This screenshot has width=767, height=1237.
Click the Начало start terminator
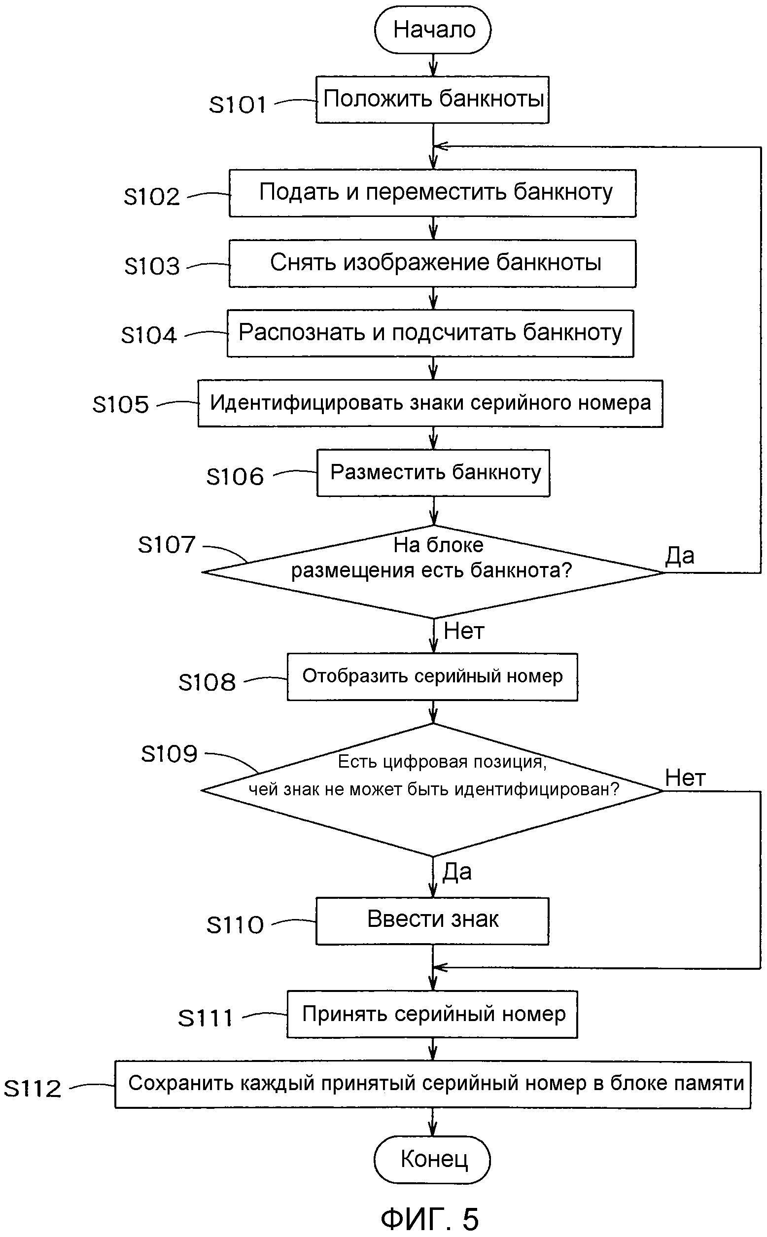tap(433, 30)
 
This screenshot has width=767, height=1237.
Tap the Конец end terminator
tap(433, 1160)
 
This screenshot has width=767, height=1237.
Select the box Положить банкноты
tap(433, 100)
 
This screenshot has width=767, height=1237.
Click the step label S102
tap(152, 196)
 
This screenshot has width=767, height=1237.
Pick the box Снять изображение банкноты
tap(433, 263)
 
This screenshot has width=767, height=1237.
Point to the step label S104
tap(149, 335)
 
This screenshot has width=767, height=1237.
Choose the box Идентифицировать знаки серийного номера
tap(430, 403)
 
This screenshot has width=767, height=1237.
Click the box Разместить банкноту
tap(434, 473)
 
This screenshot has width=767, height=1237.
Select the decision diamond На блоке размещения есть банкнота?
tap(433, 571)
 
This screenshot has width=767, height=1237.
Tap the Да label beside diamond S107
tap(680, 556)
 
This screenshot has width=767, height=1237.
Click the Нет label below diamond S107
tap(464, 632)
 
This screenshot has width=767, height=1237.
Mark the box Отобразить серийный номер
tap(433, 677)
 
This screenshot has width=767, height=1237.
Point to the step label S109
tap(169, 754)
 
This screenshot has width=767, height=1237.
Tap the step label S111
tap(206, 1018)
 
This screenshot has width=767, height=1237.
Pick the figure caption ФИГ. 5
tap(430, 1219)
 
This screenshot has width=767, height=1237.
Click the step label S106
tap(235, 477)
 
